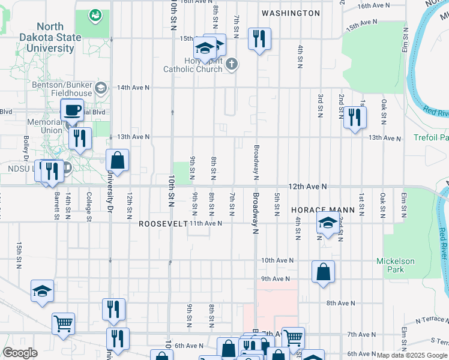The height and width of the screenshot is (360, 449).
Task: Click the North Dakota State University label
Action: [58, 37]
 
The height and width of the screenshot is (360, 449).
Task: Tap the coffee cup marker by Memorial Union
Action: [72, 110]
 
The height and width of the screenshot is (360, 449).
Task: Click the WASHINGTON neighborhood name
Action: [291, 13]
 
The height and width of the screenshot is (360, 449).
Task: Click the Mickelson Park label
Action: [395, 265]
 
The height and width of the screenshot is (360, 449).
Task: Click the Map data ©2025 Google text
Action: [412, 355]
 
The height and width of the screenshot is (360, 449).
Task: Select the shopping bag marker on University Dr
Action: [117, 160]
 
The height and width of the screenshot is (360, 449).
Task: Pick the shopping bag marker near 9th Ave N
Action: [323, 272]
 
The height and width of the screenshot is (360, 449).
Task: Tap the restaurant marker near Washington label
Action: [259, 39]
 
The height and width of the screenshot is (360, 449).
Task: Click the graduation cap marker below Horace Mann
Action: [328, 224]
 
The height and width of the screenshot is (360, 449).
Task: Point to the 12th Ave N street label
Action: [307, 187]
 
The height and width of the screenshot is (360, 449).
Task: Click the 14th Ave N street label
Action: [133, 87]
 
